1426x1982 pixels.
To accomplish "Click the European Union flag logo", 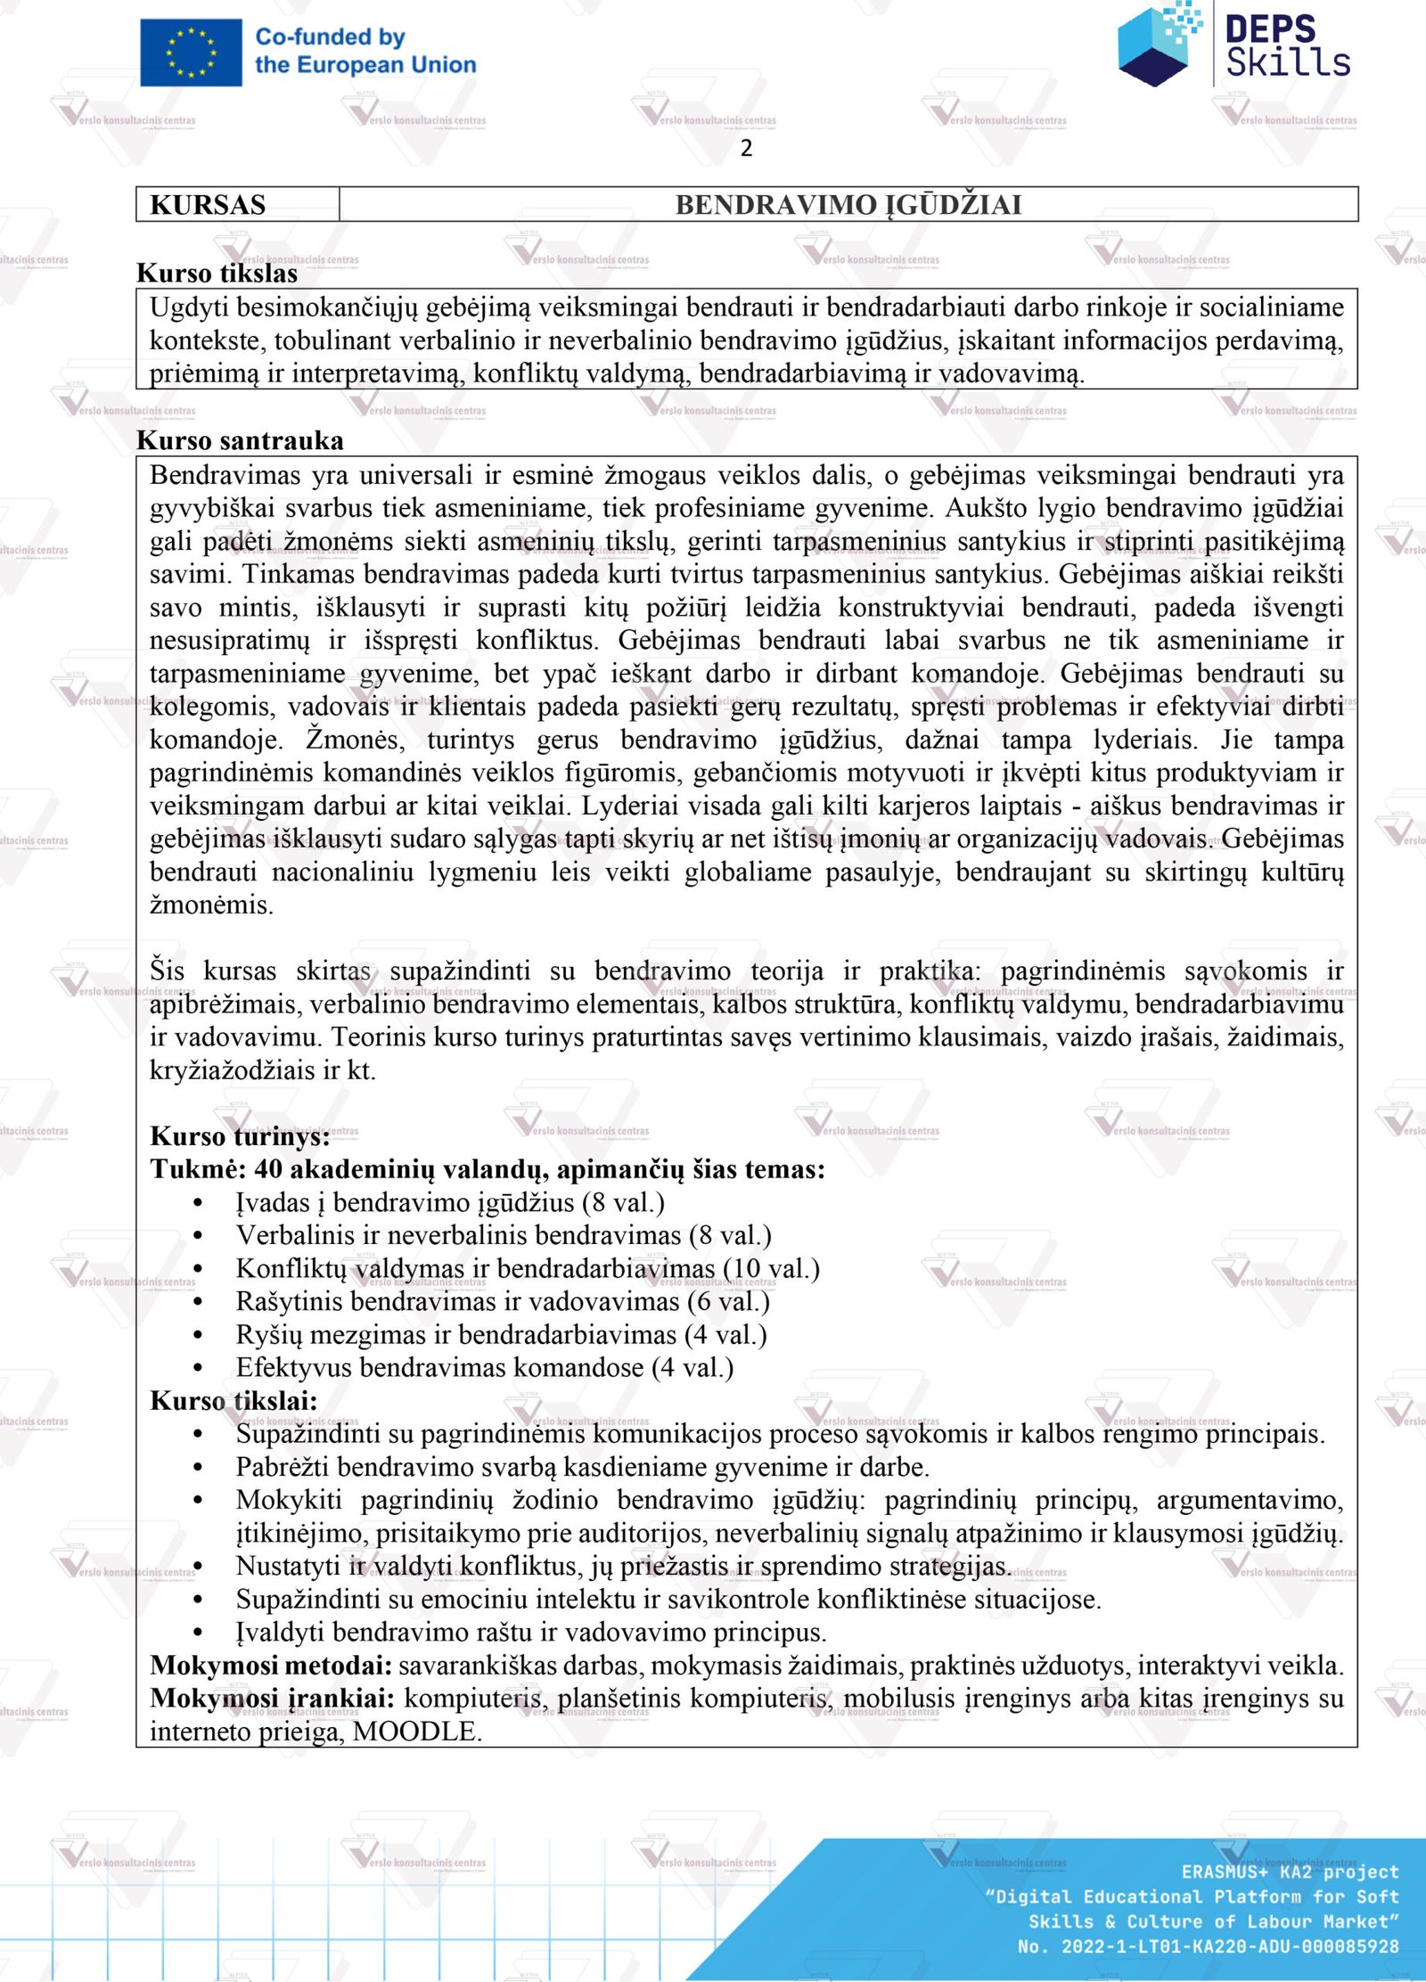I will coord(191,53).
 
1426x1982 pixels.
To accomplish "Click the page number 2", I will coord(746,148).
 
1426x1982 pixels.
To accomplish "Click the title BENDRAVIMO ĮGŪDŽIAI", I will coord(848,205).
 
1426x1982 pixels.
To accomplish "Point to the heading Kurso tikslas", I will coord(217,274).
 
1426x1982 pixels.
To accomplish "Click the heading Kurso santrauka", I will coord(240,440).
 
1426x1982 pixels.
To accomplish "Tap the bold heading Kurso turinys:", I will coord(240,1136).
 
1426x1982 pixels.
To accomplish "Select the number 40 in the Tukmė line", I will coord(268,1169).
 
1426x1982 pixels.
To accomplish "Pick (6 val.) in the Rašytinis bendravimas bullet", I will coord(728,1301).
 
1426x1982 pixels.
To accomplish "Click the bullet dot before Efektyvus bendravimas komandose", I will coord(198,1368).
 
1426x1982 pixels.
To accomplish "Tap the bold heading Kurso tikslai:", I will coord(234,1401).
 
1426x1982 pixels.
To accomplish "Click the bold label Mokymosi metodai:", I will coord(271,1665).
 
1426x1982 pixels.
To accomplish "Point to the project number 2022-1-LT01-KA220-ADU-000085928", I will coord(1229,1946).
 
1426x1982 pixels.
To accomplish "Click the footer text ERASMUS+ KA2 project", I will coord(1290,1871).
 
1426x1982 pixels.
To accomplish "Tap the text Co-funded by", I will coord(330,37).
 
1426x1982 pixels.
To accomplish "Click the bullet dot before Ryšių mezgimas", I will coord(198,1335).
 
